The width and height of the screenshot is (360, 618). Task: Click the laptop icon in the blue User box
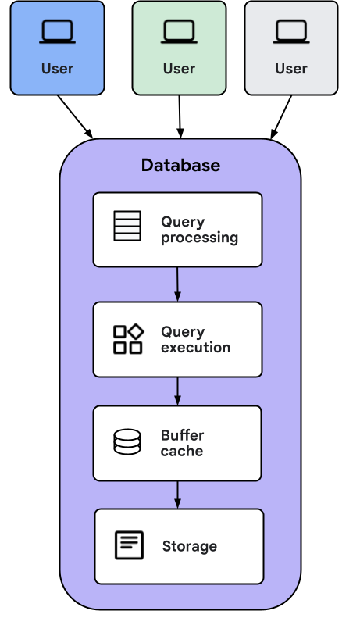click(57, 32)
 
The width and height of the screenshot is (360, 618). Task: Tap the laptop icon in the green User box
click(179, 32)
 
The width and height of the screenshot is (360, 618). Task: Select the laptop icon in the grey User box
click(291, 32)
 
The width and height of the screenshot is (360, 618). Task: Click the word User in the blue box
click(57, 69)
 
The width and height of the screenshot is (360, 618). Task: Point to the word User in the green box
click(179, 69)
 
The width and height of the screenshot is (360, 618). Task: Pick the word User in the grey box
click(291, 69)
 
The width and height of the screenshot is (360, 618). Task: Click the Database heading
click(180, 166)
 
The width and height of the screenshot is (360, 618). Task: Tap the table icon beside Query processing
click(127, 226)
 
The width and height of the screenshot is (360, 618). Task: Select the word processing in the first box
click(199, 238)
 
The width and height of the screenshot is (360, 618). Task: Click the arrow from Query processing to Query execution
click(177, 284)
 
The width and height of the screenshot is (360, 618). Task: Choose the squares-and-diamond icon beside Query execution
click(128, 339)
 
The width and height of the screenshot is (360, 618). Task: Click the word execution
click(195, 348)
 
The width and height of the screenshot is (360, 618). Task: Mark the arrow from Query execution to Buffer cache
click(177, 391)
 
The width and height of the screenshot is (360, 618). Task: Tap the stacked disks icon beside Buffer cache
click(127, 442)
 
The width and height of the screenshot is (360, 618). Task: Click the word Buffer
click(182, 435)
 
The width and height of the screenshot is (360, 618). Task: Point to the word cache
click(181, 452)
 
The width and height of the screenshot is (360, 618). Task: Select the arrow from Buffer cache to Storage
click(177, 494)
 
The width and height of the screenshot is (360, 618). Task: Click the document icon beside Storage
click(129, 545)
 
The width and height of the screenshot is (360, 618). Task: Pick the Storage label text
click(189, 546)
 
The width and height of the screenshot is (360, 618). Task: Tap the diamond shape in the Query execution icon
click(136, 331)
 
